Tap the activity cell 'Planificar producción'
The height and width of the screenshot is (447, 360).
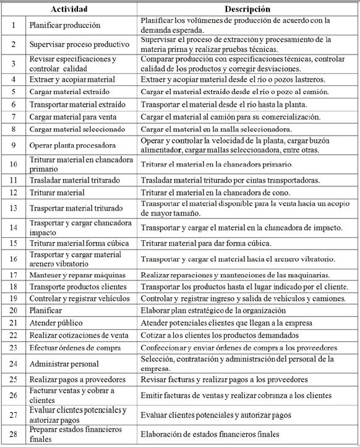(64, 25)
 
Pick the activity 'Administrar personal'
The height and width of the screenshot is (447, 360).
(64, 363)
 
